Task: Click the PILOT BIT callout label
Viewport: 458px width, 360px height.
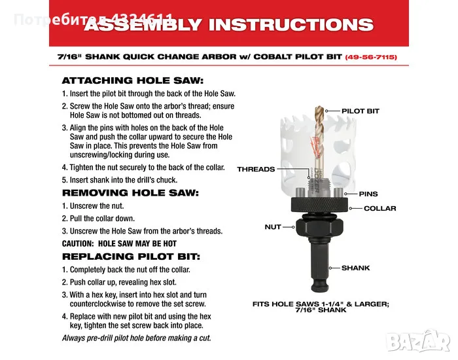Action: (360, 111)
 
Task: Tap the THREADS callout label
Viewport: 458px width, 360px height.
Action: (256, 169)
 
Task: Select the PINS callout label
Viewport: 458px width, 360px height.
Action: (368, 194)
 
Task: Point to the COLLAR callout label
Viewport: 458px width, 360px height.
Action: (380, 208)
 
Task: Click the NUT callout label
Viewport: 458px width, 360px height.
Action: (273, 227)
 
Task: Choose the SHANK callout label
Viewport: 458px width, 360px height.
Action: (355, 268)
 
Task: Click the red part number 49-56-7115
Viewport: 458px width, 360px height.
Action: (371, 57)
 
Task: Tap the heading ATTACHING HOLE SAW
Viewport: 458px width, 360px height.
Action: (133, 81)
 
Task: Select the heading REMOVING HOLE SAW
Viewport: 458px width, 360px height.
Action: (130, 193)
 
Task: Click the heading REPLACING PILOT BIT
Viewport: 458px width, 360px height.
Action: (131, 257)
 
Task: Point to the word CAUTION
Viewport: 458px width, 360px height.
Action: (78, 243)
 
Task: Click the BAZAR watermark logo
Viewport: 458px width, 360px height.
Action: (417, 341)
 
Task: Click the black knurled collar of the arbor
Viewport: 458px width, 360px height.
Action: (319, 204)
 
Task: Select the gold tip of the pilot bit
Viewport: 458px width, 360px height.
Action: (319, 111)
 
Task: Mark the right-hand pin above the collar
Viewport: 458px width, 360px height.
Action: (338, 193)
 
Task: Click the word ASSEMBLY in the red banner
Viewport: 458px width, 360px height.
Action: (143, 24)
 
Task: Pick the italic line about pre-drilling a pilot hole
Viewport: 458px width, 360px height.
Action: (136, 338)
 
